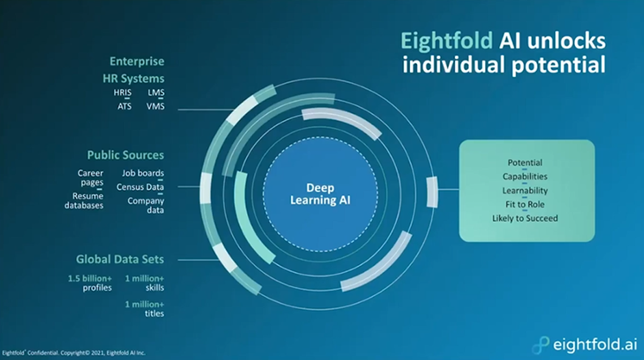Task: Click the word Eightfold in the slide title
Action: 446,41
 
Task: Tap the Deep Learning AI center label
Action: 320,194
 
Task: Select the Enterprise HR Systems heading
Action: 133,70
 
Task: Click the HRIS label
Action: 123,92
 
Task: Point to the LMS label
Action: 156,92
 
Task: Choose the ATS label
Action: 124,106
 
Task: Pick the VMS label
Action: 155,106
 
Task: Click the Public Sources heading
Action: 125,155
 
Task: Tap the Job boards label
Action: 142,173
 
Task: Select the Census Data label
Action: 140,187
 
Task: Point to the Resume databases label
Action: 84,200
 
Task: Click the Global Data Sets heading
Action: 119,259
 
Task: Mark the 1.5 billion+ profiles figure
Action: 90,283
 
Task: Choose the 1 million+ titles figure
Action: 144,308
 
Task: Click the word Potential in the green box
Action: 525,162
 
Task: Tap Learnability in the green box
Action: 525,190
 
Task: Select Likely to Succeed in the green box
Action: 525,218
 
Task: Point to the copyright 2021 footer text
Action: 73,352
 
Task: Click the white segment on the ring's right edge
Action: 432,192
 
